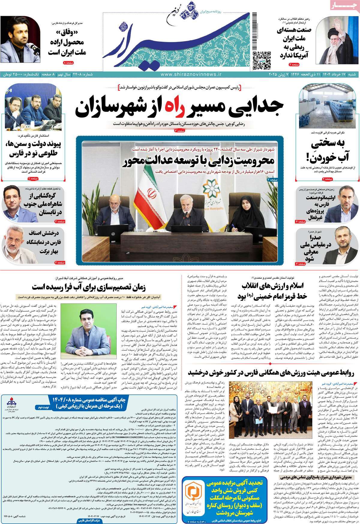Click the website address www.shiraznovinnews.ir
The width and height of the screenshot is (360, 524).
click(191, 74)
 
